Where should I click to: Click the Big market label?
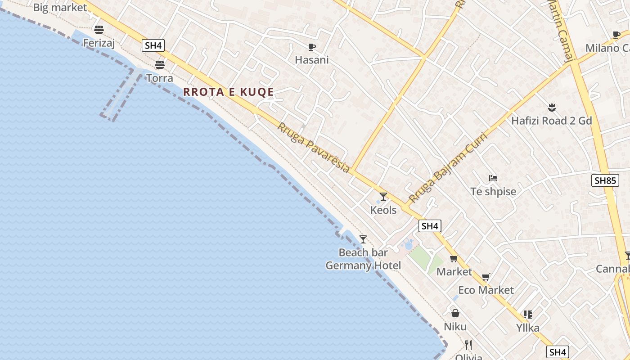[60, 8]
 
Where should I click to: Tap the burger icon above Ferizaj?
[99, 30]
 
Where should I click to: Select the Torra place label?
[160, 78]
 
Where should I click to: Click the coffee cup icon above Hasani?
[311, 47]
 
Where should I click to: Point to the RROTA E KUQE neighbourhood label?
[229, 92]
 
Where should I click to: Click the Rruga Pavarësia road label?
[313, 148]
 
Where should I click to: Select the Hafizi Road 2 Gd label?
[551, 121]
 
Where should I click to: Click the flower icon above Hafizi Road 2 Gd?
[552, 108]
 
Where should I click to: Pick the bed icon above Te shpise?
[493, 178]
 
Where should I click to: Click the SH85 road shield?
[605, 180]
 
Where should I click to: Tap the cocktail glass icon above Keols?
[383, 197]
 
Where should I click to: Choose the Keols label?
[383, 210]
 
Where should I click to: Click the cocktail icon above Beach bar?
[363, 239]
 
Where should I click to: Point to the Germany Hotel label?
[363, 265]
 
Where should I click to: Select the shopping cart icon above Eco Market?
[486, 277]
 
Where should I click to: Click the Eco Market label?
[486, 290]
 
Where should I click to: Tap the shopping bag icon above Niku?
[455, 313]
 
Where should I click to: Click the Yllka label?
[528, 328]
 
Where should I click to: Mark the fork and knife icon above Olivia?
[468, 345]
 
